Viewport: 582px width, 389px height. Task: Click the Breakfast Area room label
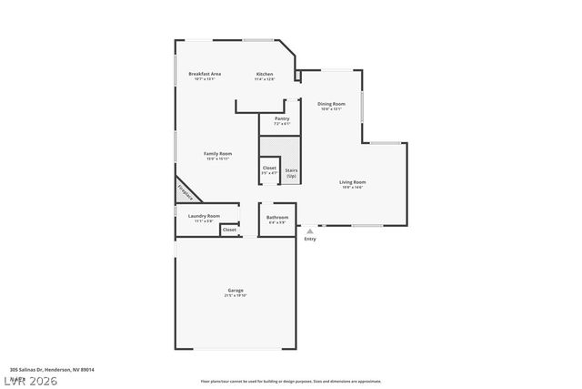click(x=205, y=74)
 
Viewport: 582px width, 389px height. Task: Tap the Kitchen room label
click(x=265, y=74)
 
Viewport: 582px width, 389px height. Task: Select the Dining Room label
click(x=331, y=104)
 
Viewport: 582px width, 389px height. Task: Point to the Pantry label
click(x=282, y=118)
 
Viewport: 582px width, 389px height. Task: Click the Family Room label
click(x=217, y=154)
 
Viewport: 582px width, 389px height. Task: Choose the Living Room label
click(x=353, y=182)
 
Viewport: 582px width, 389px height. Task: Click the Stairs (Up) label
click(x=291, y=172)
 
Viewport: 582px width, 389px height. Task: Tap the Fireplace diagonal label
click(x=186, y=191)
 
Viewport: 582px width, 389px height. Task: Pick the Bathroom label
click(x=277, y=218)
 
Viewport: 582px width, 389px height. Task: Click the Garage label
click(x=236, y=291)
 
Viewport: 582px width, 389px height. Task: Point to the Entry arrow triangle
click(x=310, y=231)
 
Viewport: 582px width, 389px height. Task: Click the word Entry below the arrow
click(x=310, y=240)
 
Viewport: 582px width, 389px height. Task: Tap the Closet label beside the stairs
click(x=269, y=168)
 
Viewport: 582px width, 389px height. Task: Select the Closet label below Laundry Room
click(x=229, y=230)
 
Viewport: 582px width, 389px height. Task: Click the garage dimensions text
click(x=236, y=296)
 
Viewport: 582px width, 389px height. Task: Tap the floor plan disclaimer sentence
click(x=291, y=381)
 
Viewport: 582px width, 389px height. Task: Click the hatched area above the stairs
click(x=279, y=146)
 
